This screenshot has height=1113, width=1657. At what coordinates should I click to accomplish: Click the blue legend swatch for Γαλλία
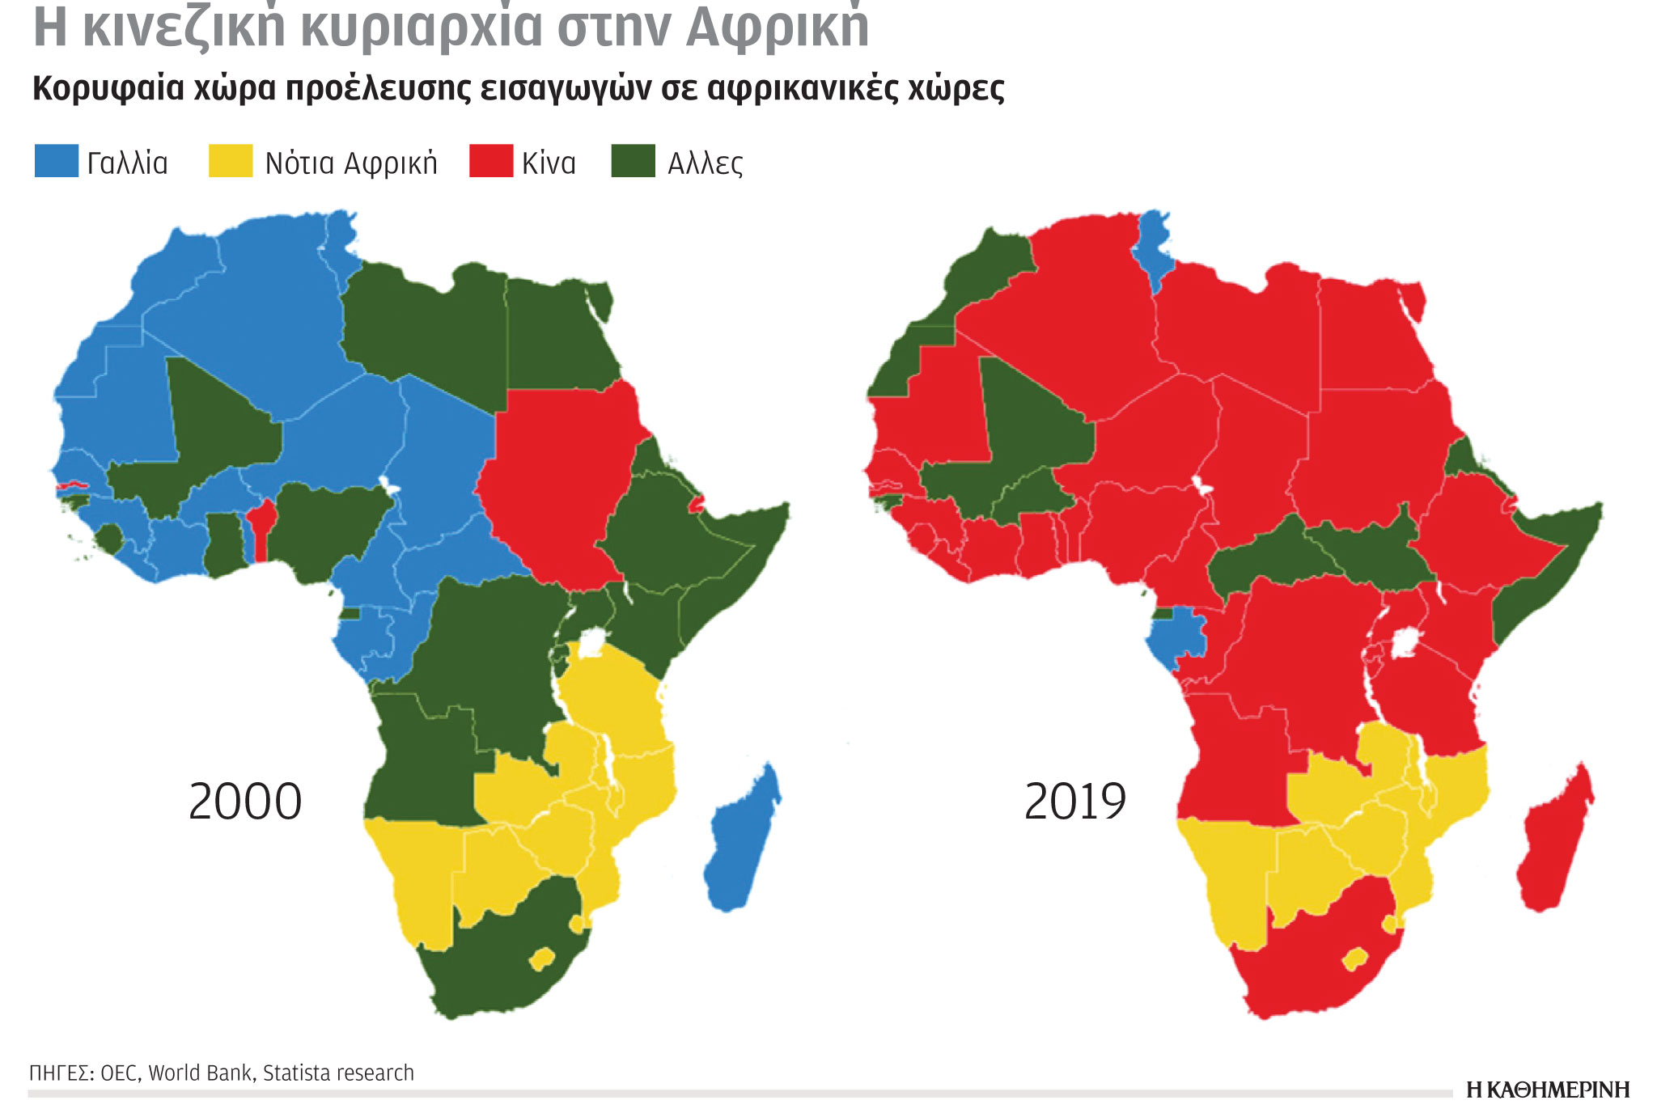coord(57,161)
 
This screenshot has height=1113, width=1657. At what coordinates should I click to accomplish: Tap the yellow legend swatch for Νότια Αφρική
coord(231,161)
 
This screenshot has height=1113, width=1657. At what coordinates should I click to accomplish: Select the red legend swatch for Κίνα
coord(491,161)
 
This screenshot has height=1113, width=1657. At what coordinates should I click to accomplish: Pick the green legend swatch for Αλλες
coord(633,161)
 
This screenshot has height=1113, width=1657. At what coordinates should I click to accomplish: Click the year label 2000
coord(245,802)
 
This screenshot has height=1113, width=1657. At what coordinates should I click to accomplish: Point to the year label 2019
coord(1074,802)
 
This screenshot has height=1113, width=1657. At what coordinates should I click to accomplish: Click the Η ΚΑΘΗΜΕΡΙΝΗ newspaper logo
coord(1547,1090)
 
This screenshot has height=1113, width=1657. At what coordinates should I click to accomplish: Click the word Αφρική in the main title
coord(777,26)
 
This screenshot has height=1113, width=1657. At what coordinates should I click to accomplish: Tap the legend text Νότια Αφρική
coord(350,163)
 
